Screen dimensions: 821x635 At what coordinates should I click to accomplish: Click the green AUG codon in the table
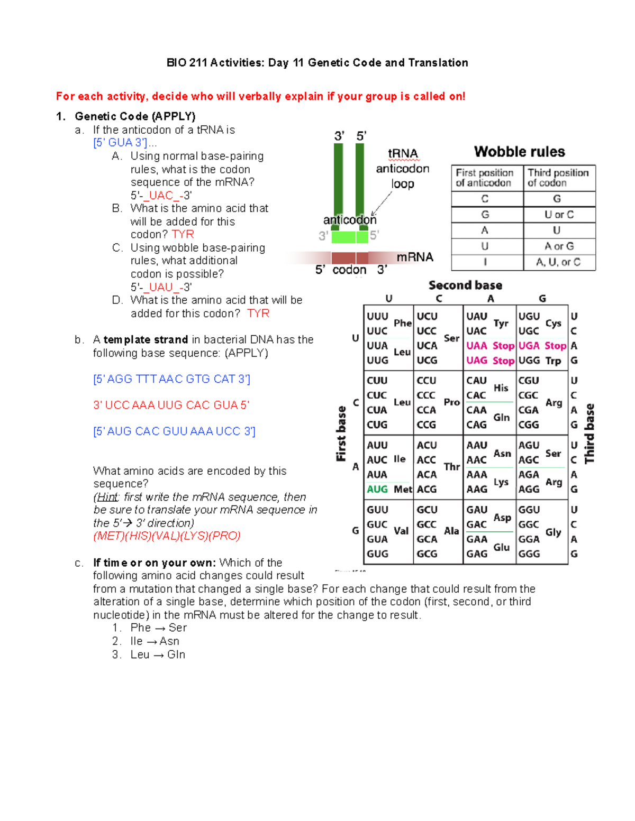point(377,490)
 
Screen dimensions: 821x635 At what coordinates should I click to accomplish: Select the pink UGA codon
point(529,346)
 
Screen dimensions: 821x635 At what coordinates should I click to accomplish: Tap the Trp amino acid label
point(553,361)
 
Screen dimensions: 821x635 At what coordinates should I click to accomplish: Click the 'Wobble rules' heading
point(519,152)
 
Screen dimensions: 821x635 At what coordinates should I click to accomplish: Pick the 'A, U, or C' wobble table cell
point(558,262)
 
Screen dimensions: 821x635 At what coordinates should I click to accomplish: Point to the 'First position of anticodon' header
point(484,178)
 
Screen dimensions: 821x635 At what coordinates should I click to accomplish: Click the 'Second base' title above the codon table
point(465,285)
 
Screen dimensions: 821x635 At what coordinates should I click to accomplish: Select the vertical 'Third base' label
point(589,433)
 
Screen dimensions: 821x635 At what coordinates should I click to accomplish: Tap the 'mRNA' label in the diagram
point(414,257)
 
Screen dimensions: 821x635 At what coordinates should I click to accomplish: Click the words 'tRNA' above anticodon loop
point(403,154)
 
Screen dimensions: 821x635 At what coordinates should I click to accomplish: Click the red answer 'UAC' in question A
point(161,196)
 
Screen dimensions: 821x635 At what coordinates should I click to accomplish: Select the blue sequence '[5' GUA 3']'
point(120,143)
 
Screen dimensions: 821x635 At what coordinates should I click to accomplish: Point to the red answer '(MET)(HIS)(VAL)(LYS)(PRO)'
point(167,536)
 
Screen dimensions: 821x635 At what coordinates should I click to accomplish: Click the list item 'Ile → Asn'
point(155,641)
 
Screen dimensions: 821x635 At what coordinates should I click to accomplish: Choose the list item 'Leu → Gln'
point(158,654)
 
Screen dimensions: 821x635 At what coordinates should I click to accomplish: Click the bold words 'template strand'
point(146,339)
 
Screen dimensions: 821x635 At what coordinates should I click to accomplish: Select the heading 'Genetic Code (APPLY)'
point(135,116)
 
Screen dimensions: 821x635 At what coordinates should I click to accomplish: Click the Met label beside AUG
point(403,490)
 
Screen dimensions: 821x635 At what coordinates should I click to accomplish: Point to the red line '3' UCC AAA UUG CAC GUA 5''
point(171,405)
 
